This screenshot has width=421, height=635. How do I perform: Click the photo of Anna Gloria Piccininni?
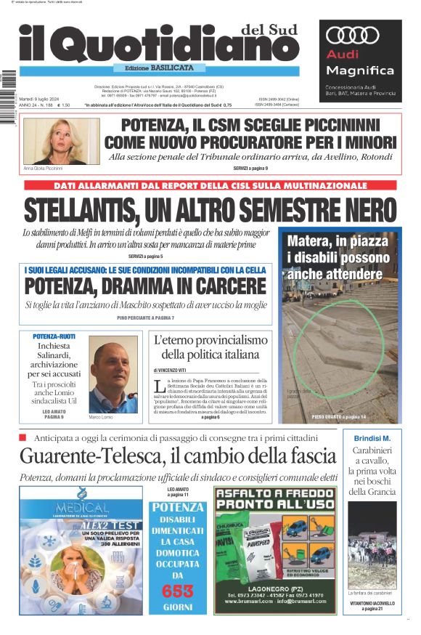click(x=52, y=142)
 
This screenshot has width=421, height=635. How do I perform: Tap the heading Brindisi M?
click(x=372, y=438)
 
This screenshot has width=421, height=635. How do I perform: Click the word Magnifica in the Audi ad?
click(x=360, y=70)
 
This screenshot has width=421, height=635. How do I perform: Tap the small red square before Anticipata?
click(x=23, y=437)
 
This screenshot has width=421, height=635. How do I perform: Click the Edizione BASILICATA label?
click(x=159, y=68)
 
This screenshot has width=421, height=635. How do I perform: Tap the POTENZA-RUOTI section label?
click(x=55, y=336)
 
